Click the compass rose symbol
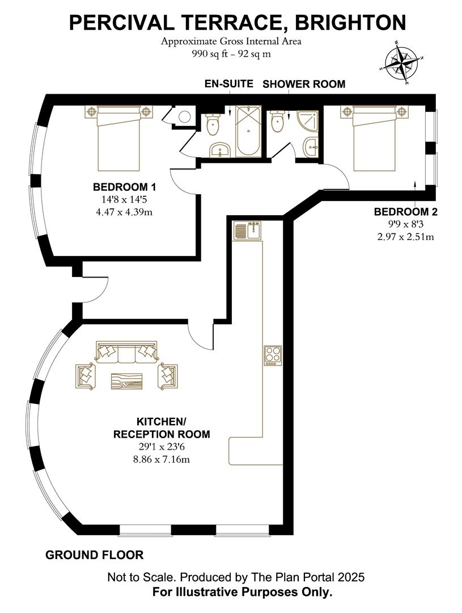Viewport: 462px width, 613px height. [402, 62]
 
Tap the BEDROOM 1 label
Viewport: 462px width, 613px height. [124, 187]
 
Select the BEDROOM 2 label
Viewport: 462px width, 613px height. [406, 212]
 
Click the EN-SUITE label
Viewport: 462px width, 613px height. [229, 83]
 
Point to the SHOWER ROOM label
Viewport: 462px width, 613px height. [304, 84]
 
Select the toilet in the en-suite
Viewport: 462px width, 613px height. [214, 124]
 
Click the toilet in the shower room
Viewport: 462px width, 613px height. [277, 121]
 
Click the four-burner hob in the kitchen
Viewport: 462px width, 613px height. [273, 355]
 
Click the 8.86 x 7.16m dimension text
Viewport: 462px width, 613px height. [162, 459]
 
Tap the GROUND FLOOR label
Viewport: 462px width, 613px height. [95, 555]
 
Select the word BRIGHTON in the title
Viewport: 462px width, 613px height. [351, 22]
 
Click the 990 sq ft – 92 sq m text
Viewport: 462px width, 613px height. [231, 54]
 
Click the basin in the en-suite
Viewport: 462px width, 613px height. [221, 150]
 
